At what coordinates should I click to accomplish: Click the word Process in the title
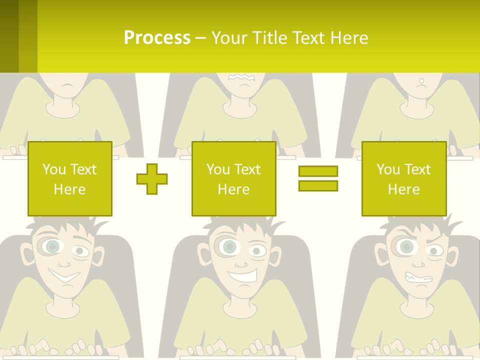[157, 38]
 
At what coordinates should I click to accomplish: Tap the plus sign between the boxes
[152, 178]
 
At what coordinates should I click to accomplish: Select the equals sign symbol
[318, 178]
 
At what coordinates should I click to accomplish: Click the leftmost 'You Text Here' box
[70, 178]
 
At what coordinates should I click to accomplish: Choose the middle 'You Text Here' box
[234, 178]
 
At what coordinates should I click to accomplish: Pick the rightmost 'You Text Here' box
[404, 178]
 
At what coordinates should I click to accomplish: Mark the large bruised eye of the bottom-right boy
[406, 246]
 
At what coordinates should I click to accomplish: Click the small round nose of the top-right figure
[421, 80]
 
